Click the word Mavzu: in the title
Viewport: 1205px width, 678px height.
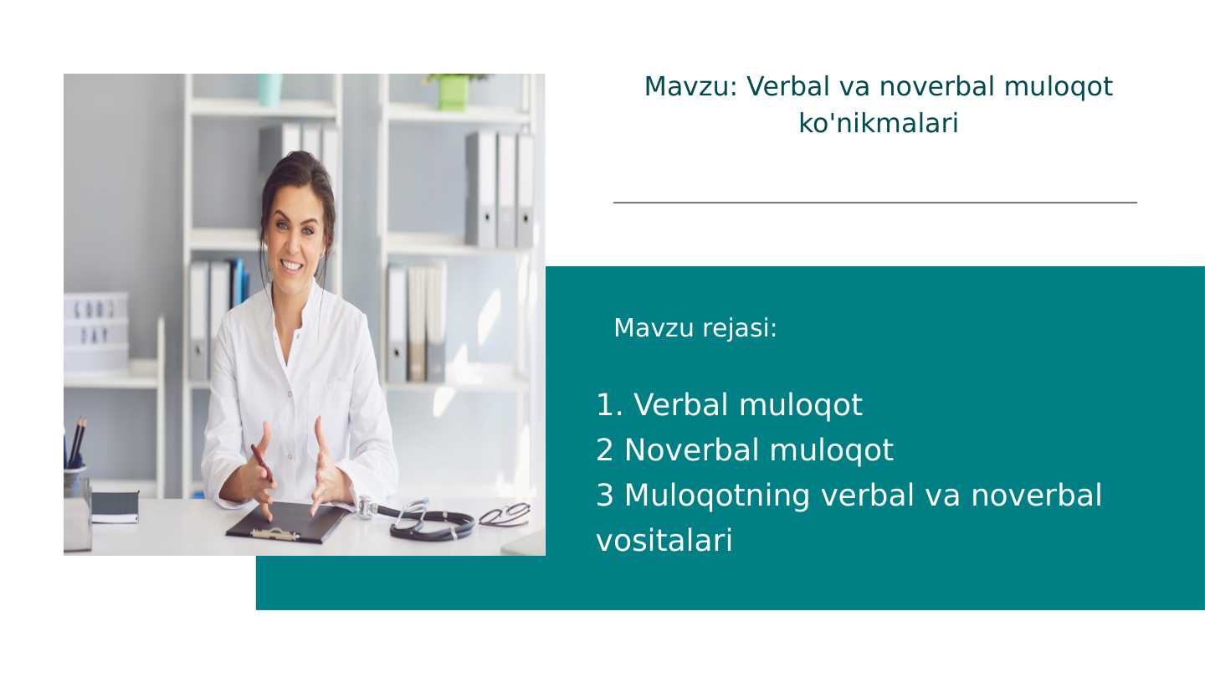[x=690, y=87]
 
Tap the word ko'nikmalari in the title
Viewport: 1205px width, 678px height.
[x=878, y=124]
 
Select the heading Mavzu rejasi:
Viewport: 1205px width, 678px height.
[x=695, y=328]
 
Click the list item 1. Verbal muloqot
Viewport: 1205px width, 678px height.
[x=729, y=405]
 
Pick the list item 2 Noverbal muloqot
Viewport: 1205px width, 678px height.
[x=745, y=450]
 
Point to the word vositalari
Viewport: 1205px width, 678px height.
[x=664, y=541]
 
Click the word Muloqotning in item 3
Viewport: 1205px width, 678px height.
[x=716, y=496]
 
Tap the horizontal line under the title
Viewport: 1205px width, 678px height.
[x=874, y=203]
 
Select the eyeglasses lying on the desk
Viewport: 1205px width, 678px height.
[x=505, y=514]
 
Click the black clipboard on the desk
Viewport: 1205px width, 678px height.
[x=287, y=521]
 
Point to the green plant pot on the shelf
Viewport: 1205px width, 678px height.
[x=453, y=92]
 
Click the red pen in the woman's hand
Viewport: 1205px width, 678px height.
[x=262, y=463]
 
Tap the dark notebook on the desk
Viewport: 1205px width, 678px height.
[x=115, y=506]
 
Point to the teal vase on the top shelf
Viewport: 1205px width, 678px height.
[x=269, y=89]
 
